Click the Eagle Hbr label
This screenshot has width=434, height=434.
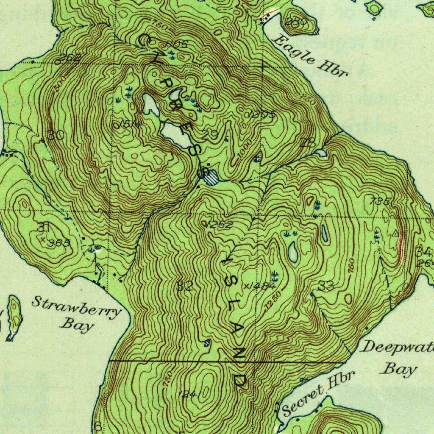click(310, 56)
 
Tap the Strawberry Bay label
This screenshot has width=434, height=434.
click(76, 314)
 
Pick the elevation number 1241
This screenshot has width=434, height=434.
click(189, 394)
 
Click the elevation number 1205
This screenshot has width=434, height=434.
click(263, 114)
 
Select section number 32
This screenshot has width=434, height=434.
click(185, 286)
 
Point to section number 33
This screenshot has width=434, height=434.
click(326, 286)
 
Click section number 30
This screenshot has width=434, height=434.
click(56, 135)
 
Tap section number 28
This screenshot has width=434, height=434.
click(307, 142)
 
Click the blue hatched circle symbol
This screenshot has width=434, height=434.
click(211, 177)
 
